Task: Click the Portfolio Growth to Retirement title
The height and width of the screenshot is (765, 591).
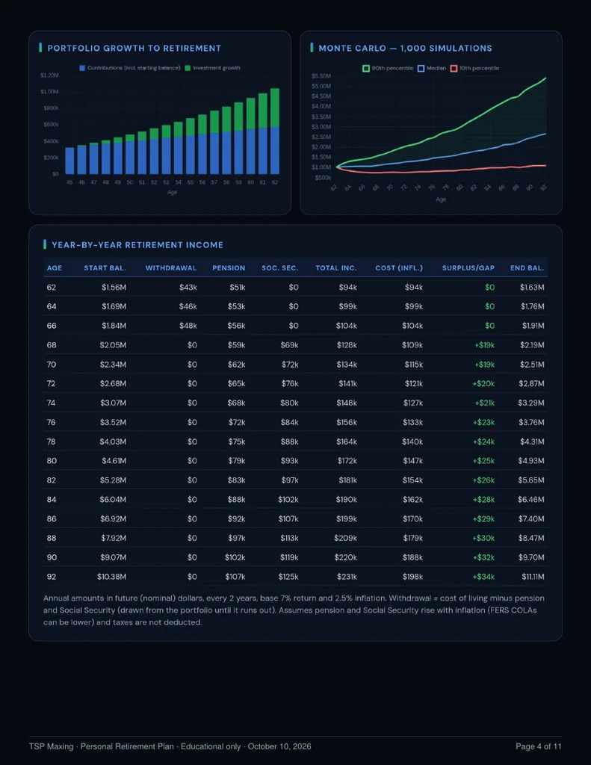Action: (134, 49)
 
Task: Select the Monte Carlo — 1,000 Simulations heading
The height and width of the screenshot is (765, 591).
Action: (405, 49)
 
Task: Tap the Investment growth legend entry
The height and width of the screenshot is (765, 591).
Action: (213, 68)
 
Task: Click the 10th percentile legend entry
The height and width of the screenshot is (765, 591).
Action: (475, 68)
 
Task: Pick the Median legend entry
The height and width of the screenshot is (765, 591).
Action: (432, 68)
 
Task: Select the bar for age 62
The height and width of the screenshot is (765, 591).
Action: (275, 131)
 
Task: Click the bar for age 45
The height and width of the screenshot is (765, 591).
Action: (69, 161)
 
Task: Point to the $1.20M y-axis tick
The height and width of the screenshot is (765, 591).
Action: (50, 75)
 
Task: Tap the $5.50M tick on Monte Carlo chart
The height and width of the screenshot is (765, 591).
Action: (321, 76)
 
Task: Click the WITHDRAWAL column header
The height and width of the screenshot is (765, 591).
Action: (171, 268)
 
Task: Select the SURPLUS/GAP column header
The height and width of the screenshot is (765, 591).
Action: (468, 268)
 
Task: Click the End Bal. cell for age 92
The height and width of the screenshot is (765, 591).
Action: (533, 577)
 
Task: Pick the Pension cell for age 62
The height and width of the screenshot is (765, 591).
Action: (237, 288)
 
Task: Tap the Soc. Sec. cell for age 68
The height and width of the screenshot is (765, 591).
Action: (289, 345)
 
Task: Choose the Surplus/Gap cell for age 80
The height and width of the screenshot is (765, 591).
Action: (483, 460)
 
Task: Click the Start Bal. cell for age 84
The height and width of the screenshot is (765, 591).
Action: (114, 500)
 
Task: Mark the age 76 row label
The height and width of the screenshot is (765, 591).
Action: (52, 422)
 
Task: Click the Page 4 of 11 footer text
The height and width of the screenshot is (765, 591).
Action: (539, 746)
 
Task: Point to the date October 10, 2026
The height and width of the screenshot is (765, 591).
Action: (279, 746)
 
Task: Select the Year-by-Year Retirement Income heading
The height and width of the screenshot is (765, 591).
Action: (137, 245)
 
